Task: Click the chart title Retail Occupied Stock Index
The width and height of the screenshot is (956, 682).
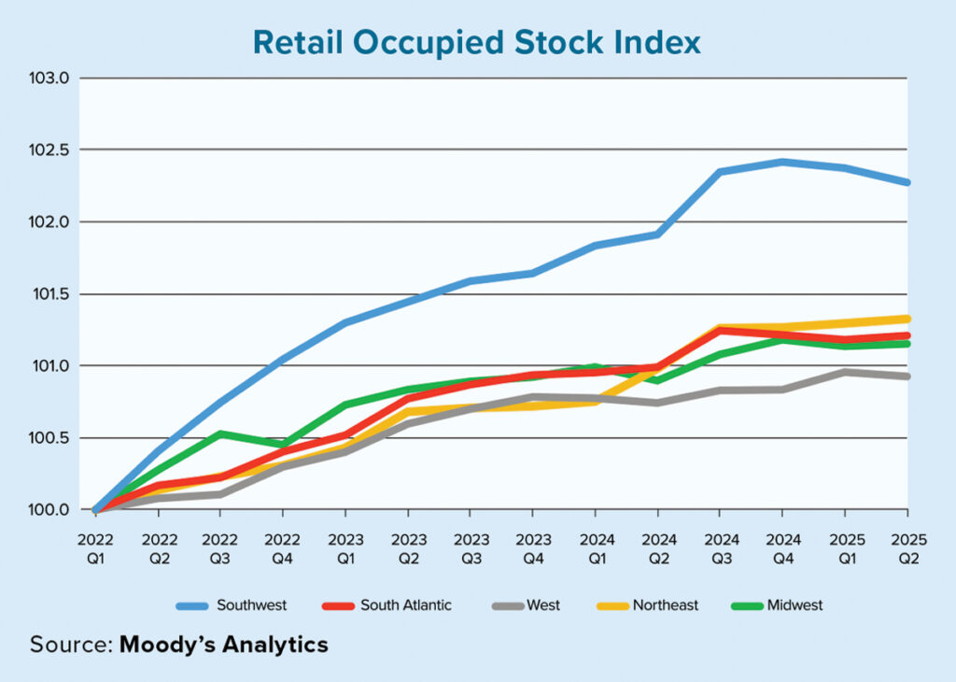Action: [477, 42]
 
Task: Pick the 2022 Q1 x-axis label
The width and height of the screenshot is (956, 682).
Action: [95, 549]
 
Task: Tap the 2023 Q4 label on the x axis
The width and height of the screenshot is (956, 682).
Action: [532, 549]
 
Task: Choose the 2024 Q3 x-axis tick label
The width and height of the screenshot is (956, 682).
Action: [720, 549]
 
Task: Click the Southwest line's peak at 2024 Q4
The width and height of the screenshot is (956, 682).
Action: [782, 162]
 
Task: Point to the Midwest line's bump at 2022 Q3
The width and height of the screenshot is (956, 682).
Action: [220, 433]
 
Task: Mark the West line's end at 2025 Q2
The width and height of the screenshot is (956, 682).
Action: [907, 377]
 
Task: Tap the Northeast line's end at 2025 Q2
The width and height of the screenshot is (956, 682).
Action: [907, 319]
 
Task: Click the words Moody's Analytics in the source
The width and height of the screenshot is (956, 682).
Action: [224, 645]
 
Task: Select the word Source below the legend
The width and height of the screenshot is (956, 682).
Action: [69, 645]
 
